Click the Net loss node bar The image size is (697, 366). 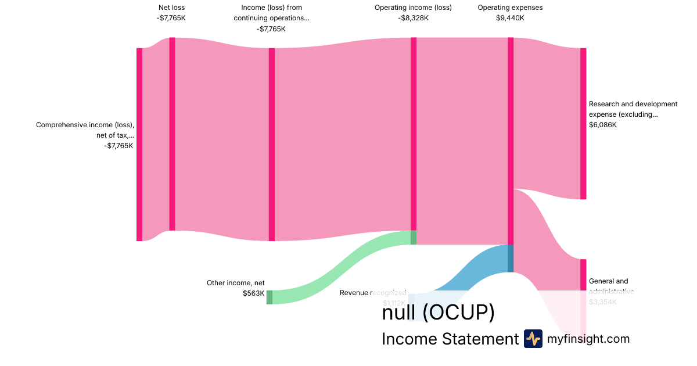click(x=172, y=134)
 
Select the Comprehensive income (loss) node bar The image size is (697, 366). click(x=139, y=144)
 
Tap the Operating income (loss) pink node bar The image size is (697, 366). click(x=414, y=134)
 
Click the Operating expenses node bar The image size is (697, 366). click(x=511, y=139)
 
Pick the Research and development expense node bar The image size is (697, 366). click(x=583, y=123)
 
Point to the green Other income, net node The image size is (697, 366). click(x=270, y=297)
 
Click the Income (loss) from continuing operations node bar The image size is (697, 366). click(x=272, y=144)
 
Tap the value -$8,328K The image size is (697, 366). click(x=413, y=18)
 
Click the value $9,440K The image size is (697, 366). click(x=510, y=18)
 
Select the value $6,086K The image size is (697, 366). click(x=603, y=125)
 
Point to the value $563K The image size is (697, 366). click(x=254, y=293)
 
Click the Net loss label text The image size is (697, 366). click(x=171, y=8)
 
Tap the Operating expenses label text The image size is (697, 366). click(x=510, y=8)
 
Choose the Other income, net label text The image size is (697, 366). click(x=236, y=283)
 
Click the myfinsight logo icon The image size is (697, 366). click(x=533, y=339)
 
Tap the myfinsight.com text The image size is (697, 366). click(x=588, y=339)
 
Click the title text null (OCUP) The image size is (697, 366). click(x=438, y=313)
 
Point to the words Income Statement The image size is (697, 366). click(x=450, y=339)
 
